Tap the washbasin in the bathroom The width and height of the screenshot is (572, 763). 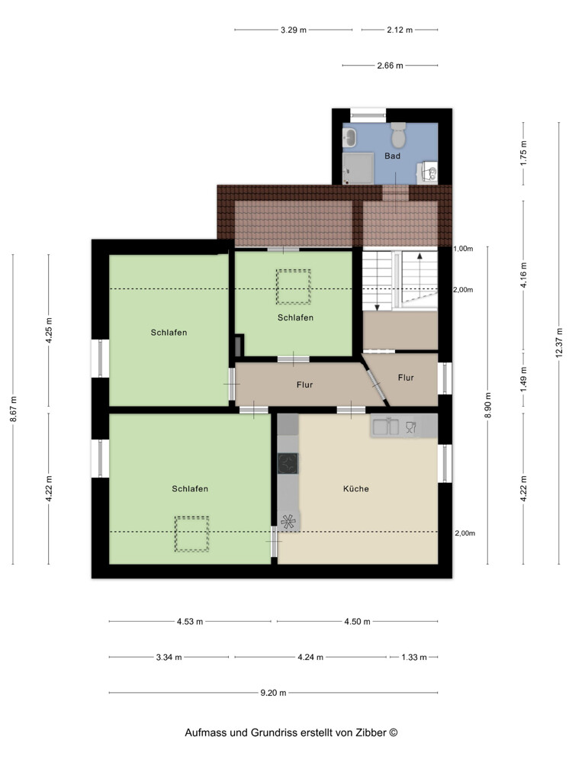[x=349, y=139]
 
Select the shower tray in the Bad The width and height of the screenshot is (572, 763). [x=358, y=169]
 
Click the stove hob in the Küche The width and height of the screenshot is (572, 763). [x=288, y=463]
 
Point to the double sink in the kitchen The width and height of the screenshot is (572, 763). [x=386, y=427]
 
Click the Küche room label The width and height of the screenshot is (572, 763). [x=356, y=488]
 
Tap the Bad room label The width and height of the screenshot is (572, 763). [x=393, y=156]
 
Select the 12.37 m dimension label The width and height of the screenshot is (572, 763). [x=559, y=343]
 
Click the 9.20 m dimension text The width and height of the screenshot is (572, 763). [x=273, y=693]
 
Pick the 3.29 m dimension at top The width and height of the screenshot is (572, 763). [x=294, y=31]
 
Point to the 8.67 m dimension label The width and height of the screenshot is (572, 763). [x=13, y=409]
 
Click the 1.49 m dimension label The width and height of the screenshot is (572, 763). [x=524, y=379]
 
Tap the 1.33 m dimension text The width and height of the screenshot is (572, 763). [x=414, y=658]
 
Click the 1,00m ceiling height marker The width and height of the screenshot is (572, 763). [x=463, y=249]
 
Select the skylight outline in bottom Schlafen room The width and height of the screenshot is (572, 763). [x=191, y=534]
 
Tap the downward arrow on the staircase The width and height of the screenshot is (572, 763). [x=377, y=288]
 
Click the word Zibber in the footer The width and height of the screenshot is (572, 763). [x=371, y=732]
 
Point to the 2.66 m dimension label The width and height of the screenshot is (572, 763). [x=390, y=66]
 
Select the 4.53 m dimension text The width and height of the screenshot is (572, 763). [x=190, y=621]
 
